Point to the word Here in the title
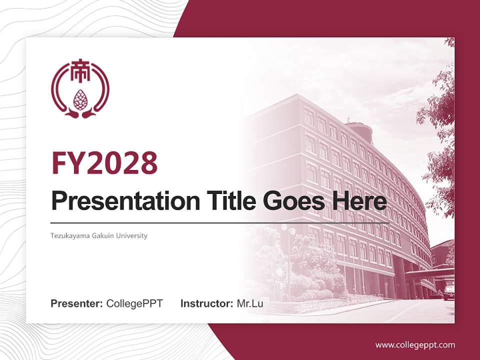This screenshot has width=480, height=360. tap(358, 200)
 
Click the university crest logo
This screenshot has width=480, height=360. tap(80, 90)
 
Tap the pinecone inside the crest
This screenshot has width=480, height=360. tap(80, 98)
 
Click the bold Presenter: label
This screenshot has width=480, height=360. tap(77, 303)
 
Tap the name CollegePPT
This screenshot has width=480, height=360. tap(134, 303)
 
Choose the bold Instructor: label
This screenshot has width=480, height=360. tap(206, 303)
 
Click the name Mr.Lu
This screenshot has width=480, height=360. tap(250, 303)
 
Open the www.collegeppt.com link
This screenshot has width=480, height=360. tap(415, 344)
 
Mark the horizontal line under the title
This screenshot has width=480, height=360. tap(220, 222)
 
